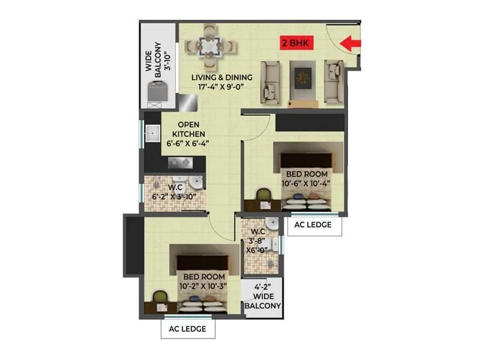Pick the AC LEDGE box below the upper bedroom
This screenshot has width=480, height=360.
314,226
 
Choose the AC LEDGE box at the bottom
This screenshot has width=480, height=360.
188,329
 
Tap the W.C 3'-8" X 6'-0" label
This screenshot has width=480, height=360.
257,242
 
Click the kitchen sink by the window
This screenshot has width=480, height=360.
151,133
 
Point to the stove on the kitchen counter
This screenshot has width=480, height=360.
179,162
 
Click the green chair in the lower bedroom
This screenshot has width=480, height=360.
160,296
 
